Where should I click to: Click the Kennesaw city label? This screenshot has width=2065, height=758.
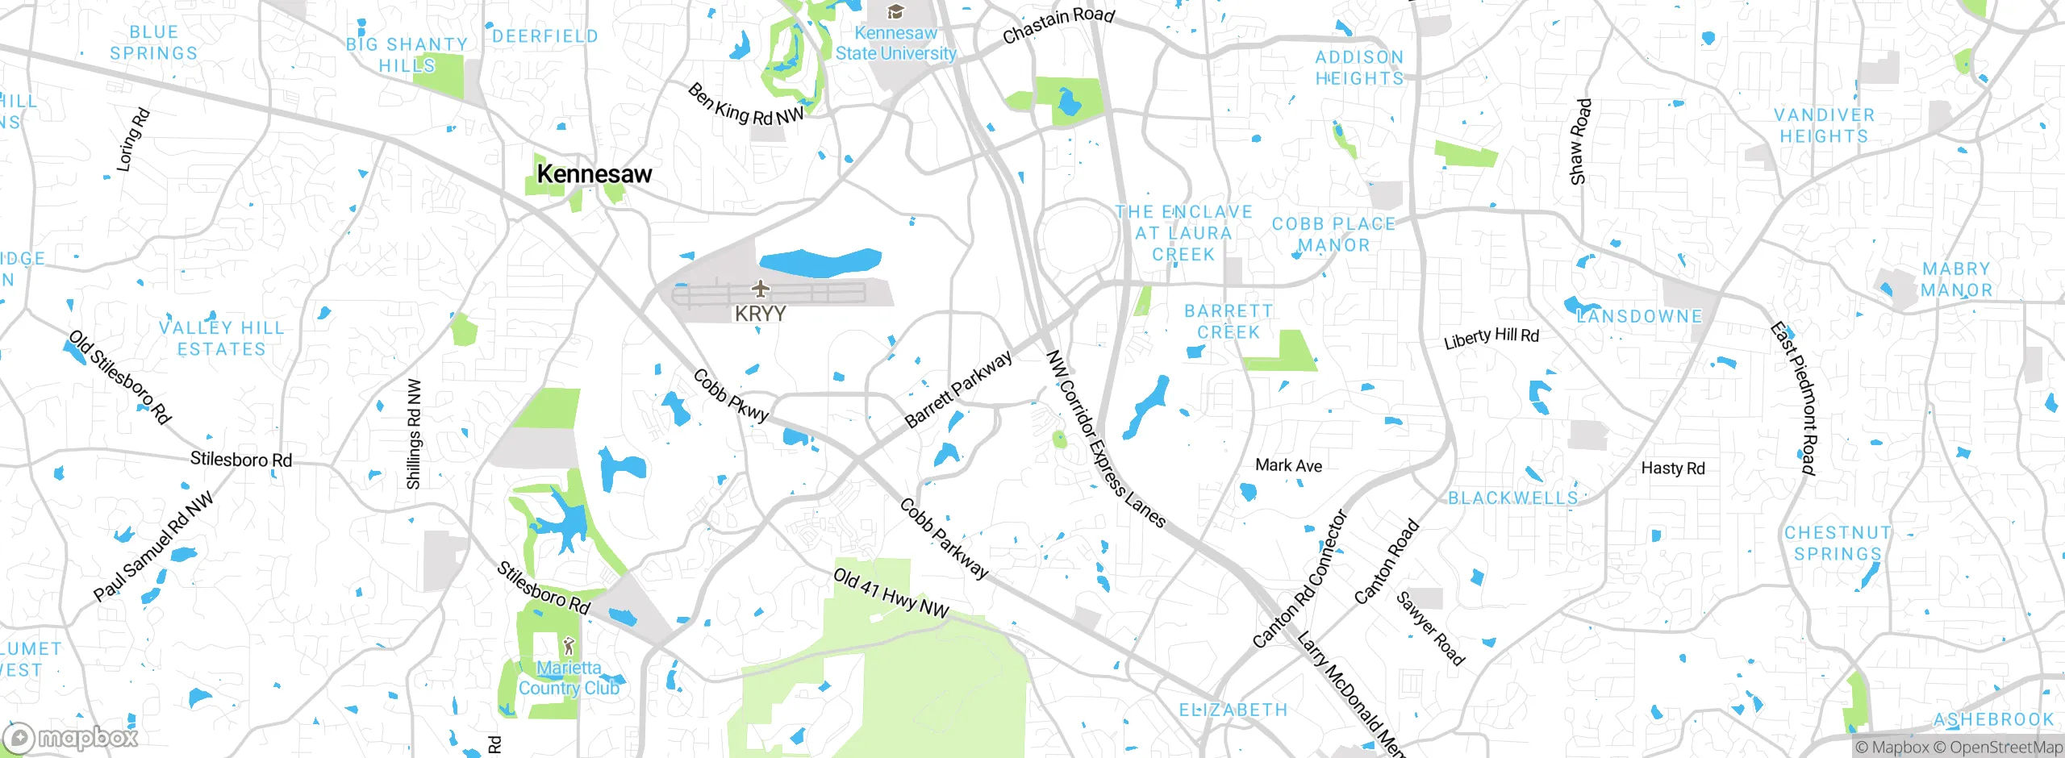click(594, 174)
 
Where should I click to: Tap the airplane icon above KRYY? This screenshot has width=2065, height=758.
click(760, 288)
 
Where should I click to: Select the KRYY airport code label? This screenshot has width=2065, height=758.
click(760, 314)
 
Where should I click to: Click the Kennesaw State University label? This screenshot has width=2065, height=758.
click(895, 44)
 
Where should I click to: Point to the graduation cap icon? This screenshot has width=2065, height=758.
click(895, 12)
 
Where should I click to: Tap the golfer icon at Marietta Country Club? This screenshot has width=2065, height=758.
click(569, 646)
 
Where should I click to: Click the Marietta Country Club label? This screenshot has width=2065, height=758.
click(569, 678)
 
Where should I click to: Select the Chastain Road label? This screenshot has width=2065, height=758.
click(1058, 25)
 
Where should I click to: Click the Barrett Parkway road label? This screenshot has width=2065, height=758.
click(957, 389)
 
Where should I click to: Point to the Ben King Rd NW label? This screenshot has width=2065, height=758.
click(745, 106)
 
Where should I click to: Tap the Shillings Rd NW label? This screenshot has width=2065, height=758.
click(414, 434)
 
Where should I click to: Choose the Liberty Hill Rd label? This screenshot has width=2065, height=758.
click(1491, 338)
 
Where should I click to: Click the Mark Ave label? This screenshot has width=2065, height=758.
click(1288, 465)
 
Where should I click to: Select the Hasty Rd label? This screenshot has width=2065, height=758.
click(1673, 468)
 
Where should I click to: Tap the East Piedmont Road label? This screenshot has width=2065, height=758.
click(1799, 398)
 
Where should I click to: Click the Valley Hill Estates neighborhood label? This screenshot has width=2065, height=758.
click(222, 339)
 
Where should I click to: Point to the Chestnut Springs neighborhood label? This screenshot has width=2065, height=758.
click(1838, 544)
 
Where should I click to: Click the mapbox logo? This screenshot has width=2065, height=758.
click(71, 738)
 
